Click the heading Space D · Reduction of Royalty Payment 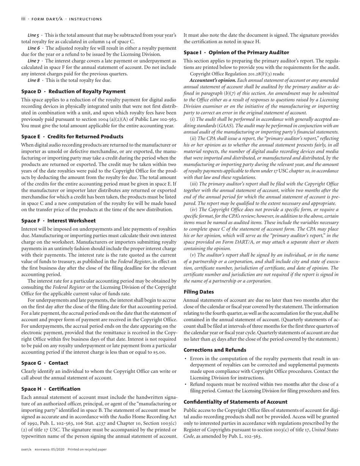point(73,91)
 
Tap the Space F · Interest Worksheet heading point(58,220)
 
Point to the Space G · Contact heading point(45,363)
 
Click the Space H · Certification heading point(51,389)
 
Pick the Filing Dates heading point(199,292)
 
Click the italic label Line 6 point(34,48)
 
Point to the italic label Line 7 point(34,61)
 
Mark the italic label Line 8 point(34,80)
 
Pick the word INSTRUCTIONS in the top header point(88,19)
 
